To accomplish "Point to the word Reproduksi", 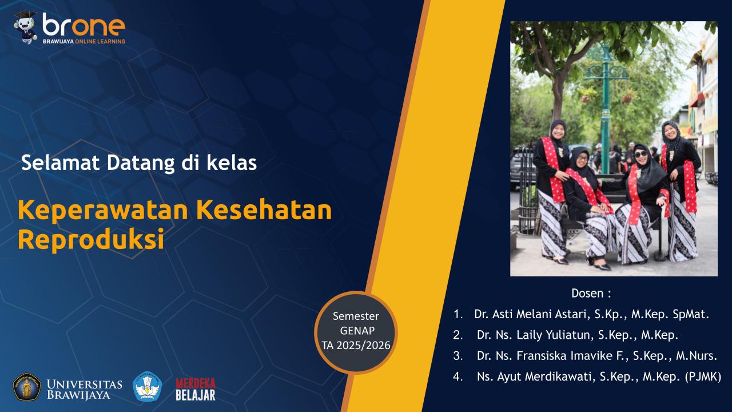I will coord(91,239).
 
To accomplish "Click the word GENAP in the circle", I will coord(356,331).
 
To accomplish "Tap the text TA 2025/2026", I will coord(356,344).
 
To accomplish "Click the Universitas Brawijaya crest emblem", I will coord(26,387).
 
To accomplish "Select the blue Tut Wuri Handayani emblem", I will coord(148,387).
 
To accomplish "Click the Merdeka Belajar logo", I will coord(195,389).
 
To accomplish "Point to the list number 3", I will coord(457,356).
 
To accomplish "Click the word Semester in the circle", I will coord(356,316).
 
